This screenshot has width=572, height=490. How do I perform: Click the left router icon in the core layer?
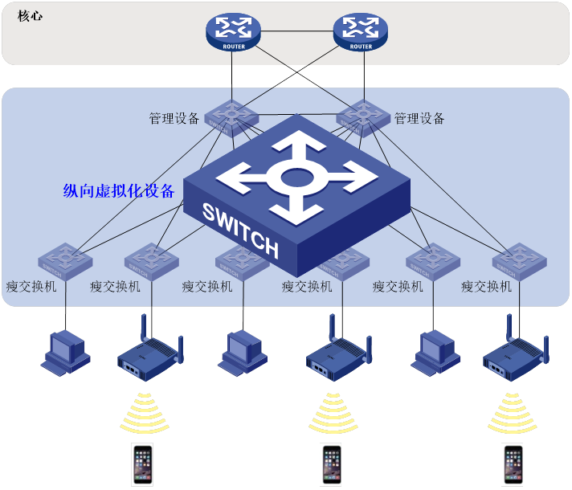[233, 31]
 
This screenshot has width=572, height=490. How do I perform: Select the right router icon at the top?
[361, 31]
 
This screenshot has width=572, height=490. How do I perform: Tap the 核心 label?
[30, 15]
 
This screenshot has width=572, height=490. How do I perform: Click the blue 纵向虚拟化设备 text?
[119, 191]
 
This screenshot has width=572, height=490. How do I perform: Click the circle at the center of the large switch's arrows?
[296, 178]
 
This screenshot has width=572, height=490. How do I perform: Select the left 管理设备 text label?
[174, 119]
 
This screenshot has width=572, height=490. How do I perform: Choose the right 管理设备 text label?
[419, 119]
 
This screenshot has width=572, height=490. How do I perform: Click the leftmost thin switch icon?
[64, 260]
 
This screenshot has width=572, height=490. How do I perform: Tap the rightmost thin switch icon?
[519, 260]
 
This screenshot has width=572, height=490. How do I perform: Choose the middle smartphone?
[330, 464]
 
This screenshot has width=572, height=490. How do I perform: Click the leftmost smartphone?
[142, 464]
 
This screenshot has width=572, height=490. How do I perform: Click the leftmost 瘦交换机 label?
[31, 286]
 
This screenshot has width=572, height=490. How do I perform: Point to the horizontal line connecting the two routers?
[297, 31]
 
